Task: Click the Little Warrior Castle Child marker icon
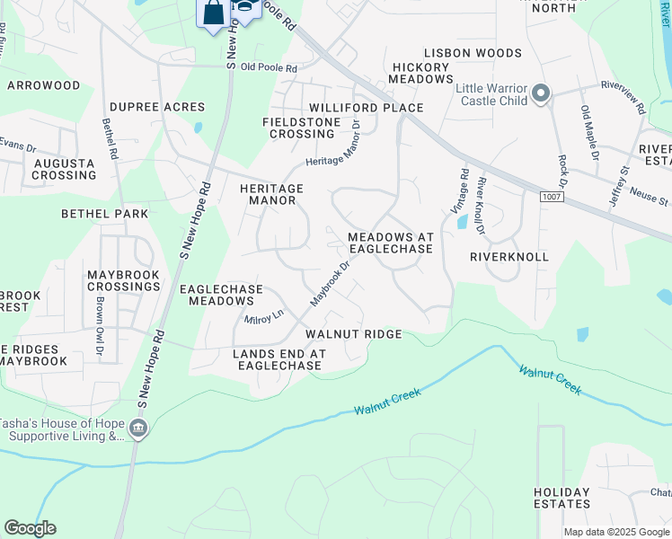pos(541,93)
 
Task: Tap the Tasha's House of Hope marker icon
pos(138,429)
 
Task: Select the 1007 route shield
pos(551,196)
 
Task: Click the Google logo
pos(30,528)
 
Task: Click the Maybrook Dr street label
pos(329,281)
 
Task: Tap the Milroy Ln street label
pos(264,316)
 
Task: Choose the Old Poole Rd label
pos(268,66)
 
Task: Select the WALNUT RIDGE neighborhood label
pos(351,333)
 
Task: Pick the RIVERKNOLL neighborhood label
pos(508,256)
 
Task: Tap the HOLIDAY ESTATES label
pos(561,498)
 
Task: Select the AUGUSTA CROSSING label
pos(64,169)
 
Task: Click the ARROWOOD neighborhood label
pos(43,85)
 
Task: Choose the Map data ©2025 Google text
pos(616,532)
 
